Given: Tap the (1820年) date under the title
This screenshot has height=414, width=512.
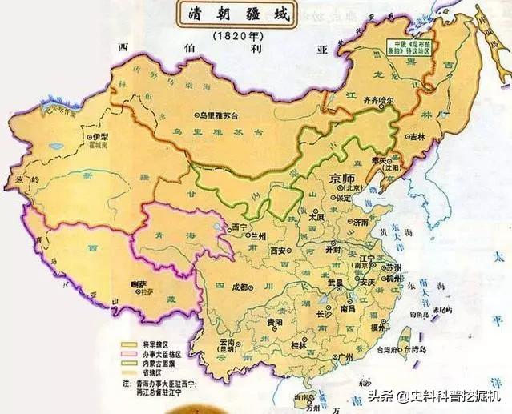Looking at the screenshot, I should [235, 38].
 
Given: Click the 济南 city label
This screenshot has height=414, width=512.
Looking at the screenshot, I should [360, 222].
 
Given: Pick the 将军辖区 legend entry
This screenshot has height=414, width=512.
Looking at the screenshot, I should [155, 342].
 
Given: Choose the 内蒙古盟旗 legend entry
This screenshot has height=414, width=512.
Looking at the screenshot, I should [158, 360].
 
